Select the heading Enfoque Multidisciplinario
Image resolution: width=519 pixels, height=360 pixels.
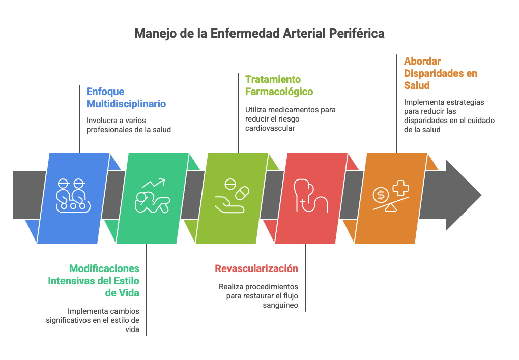coord(126,98)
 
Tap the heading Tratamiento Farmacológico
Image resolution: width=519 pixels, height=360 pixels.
coord(279,85)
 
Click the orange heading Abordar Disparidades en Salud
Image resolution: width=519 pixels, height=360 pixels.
coord(441,73)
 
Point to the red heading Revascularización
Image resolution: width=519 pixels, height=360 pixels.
coord(256,268)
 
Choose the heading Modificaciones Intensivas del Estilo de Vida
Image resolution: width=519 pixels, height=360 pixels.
coord(94,280)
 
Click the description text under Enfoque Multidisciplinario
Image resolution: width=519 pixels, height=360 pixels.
coord(128,125)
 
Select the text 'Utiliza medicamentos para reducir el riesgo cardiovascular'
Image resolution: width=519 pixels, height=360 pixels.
coord(290,119)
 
